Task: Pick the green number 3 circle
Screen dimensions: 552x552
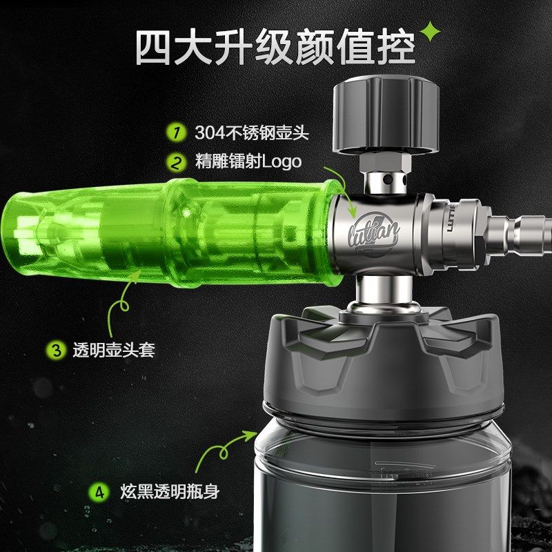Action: click(54, 349)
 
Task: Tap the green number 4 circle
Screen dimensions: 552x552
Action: click(101, 493)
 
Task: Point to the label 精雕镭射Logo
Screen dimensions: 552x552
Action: click(248, 162)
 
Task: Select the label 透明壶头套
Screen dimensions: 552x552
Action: click(113, 350)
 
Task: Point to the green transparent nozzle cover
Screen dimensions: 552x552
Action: click(172, 228)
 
